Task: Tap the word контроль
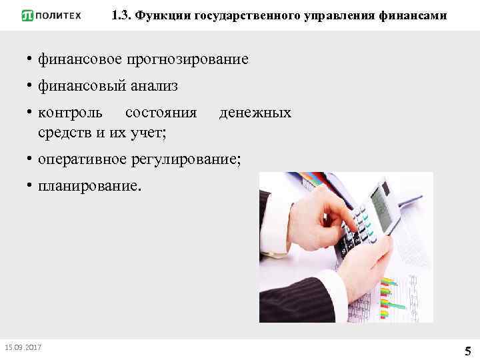point(70,113)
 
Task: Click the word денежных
point(255,113)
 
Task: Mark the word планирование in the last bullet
point(89,186)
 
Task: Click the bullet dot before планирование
point(30,186)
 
